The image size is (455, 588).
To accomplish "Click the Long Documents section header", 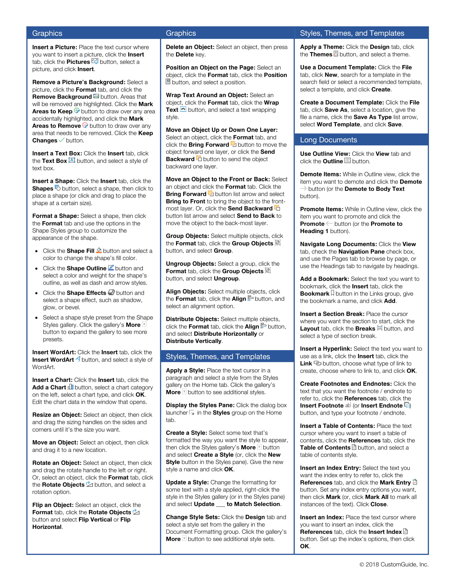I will pyautogui.click(x=328, y=140).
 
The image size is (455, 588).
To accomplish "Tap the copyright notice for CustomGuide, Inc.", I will pyautogui.click(x=394, y=564).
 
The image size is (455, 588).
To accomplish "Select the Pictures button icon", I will pyautogui.click(x=95, y=61).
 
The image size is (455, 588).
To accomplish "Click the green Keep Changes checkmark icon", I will pyautogui.click(x=62, y=140).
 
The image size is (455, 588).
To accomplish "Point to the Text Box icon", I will pyautogui.click(x=72, y=160).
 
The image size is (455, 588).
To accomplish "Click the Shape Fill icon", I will pyautogui.click(x=99, y=250).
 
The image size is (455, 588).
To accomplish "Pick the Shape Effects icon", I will pyautogui.click(x=111, y=292).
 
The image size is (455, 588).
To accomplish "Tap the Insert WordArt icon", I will pyautogui.click(x=78, y=359).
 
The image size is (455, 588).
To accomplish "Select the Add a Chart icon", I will pyautogui.click(x=70, y=387).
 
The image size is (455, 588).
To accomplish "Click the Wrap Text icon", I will pyautogui.click(x=183, y=109).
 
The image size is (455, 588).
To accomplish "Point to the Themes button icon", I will pyautogui.click(x=336, y=54).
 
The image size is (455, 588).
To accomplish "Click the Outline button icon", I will pyautogui.click(x=347, y=161).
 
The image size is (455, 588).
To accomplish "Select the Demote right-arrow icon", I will pyautogui.click(x=303, y=188).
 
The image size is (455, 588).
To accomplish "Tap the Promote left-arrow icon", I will pyautogui.click(x=329, y=223).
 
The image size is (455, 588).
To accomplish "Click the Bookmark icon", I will pyautogui.click(x=332, y=293).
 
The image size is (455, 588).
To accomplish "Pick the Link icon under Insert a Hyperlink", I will pyautogui.click(x=317, y=363).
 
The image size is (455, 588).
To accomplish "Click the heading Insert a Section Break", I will pyautogui.click(x=332, y=314).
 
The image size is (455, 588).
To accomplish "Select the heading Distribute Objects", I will pyautogui.click(x=192, y=319).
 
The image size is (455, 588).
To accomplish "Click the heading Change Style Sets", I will pyautogui.click(x=193, y=517).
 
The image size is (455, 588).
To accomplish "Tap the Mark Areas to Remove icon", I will pyautogui.click(x=85, y=125).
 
